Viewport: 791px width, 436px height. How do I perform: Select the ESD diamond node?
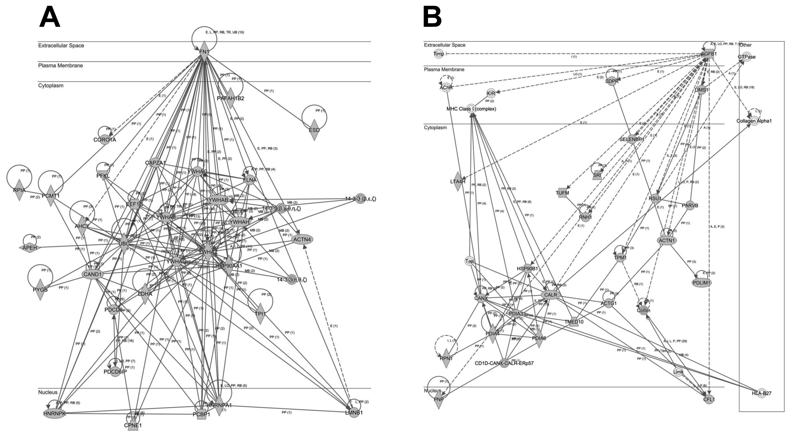(314, 130)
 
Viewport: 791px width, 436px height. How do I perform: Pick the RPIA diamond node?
(19, 190)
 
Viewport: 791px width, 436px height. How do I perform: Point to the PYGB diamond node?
(40, 289)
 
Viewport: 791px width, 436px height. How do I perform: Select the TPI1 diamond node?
(260, 314)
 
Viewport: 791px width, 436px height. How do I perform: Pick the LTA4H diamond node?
(458, 181)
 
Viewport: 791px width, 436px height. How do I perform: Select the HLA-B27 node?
(761, 393)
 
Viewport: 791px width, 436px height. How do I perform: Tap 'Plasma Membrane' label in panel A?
(61, 65)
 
